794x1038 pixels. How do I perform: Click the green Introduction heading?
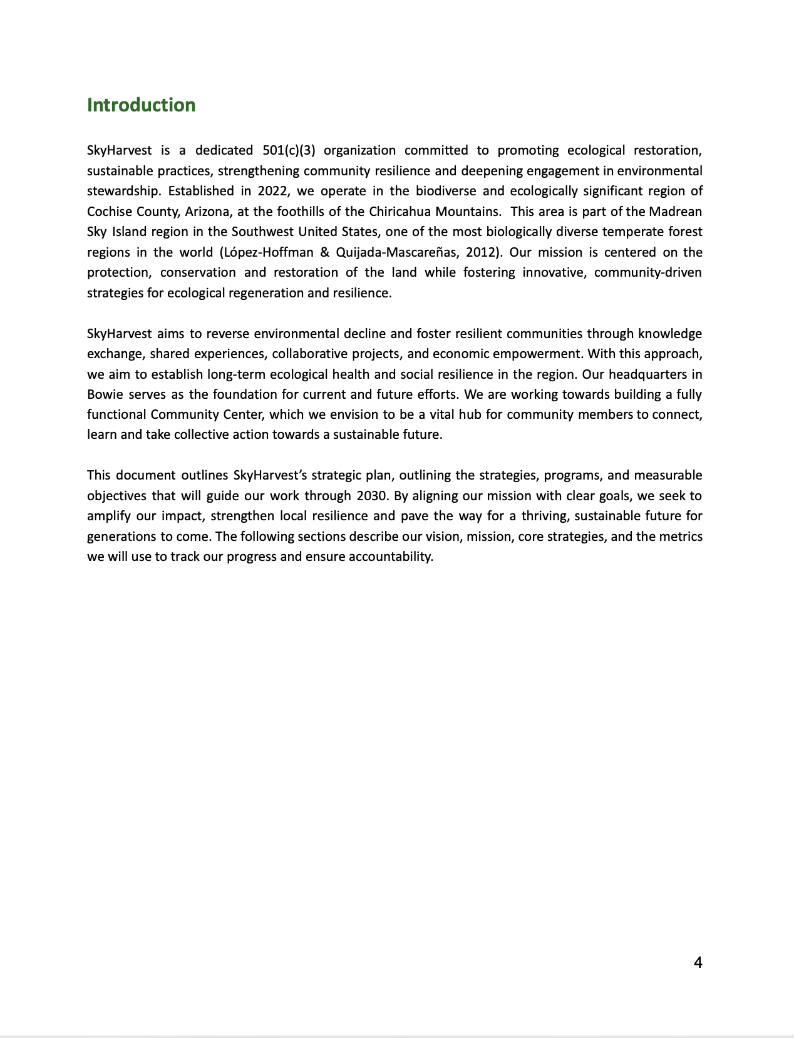pos(141,105)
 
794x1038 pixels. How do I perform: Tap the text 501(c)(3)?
pos(289,150)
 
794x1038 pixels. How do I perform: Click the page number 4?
pos(698,962)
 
